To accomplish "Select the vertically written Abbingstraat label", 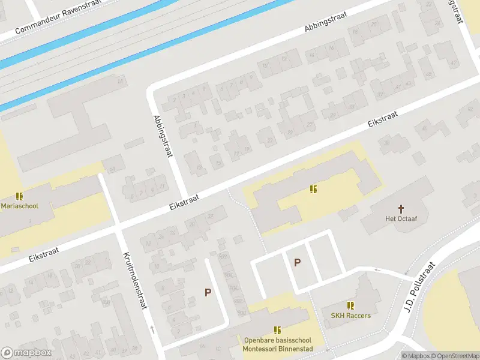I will pyautogui.click(x=163, y=136).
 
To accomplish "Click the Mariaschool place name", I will pyautogui.click(x=20, y=206).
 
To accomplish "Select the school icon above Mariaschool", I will pyautogui.click(x=19, y=196).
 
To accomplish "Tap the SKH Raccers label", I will pyautogui.click(x=350, y=316).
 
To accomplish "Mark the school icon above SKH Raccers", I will pyautogui.click(x=350, y=305).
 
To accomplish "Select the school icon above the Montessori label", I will pyautogui.click(x=277, y=330).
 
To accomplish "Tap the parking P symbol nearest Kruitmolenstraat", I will pyautogui.click(x=208, y=292).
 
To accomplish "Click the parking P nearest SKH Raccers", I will pyautogui.click(x=297, y=262).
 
